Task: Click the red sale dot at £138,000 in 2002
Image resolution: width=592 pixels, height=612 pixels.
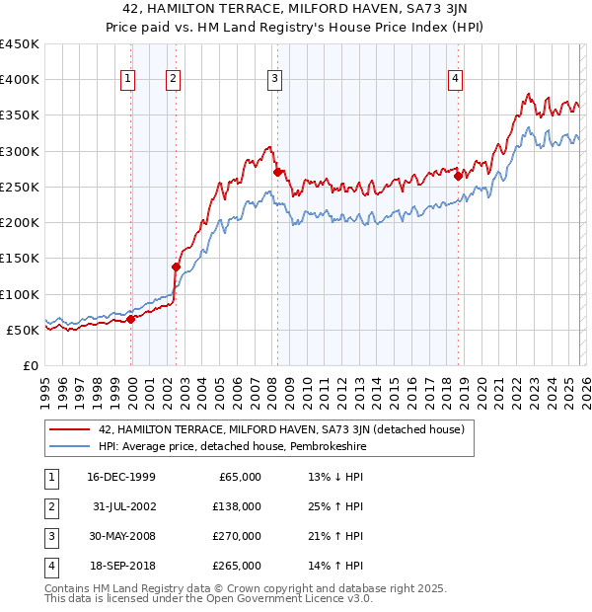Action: point(177,267)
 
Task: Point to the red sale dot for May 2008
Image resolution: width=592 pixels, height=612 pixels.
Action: point(277,172)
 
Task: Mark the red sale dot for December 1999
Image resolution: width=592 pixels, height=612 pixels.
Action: point(131,319)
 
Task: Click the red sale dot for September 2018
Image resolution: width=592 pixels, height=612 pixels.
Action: point(458,176)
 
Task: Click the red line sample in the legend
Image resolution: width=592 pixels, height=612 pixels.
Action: point(69,428)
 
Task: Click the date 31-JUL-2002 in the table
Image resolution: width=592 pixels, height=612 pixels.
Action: point(120,505)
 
